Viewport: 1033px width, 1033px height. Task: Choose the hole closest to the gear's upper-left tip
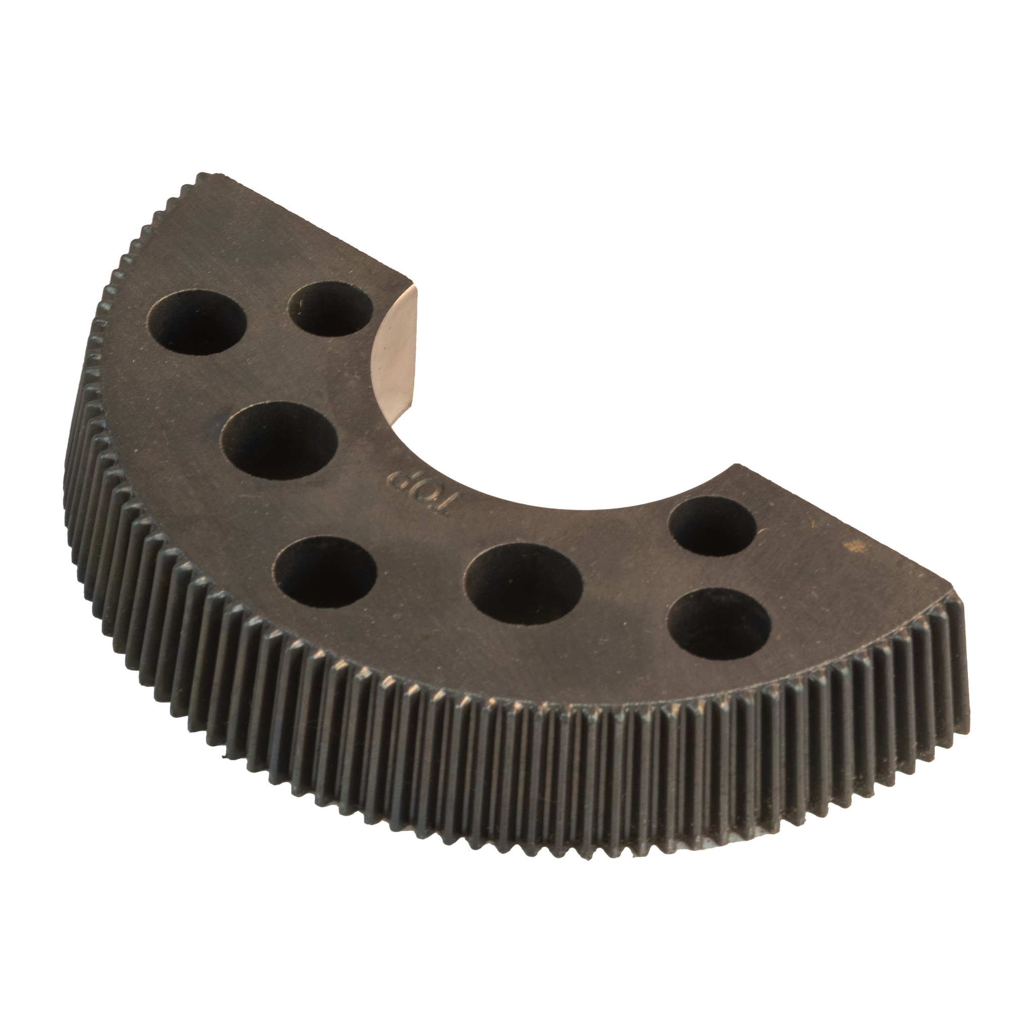point(198,324)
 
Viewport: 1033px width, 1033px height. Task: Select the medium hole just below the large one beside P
point(327,572)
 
